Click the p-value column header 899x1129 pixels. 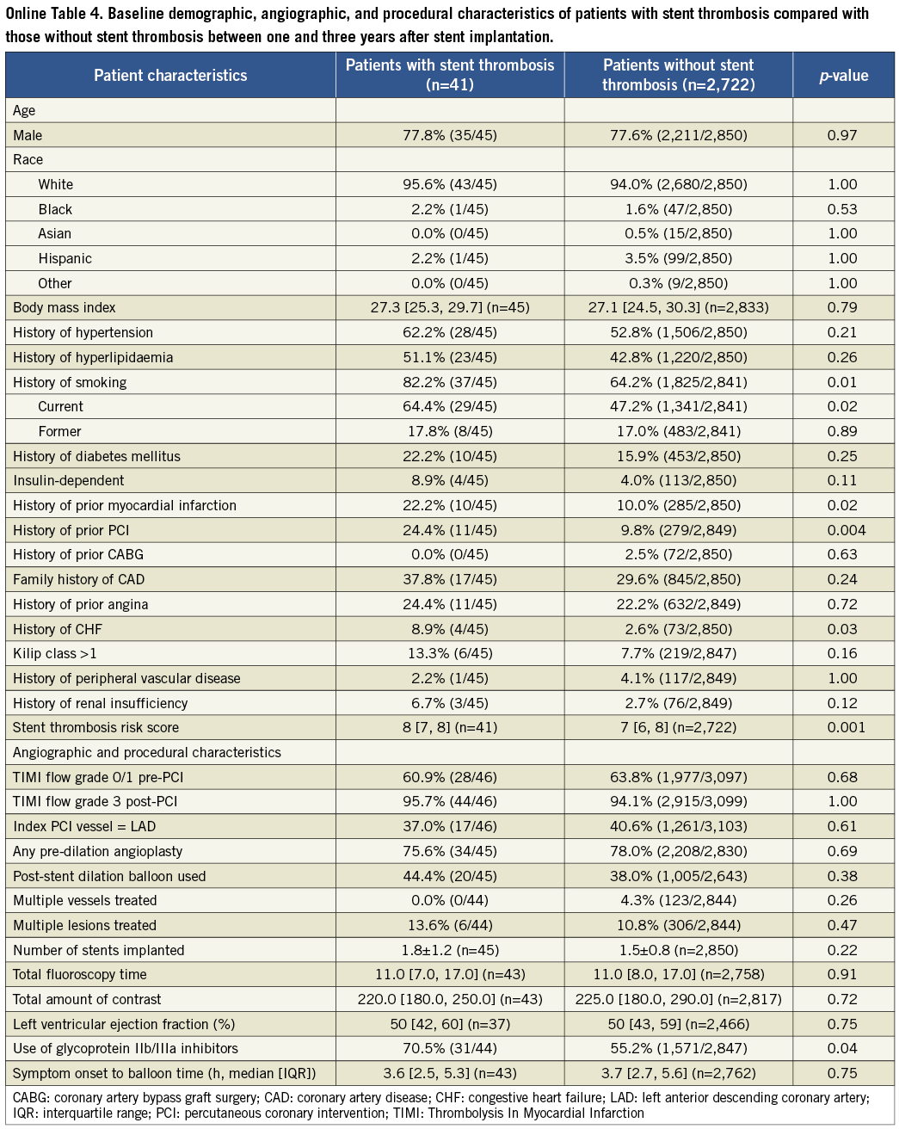(843, 76)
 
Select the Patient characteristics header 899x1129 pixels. (170, 76)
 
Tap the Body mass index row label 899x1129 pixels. (65, 307)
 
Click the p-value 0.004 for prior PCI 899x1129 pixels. (842, 530)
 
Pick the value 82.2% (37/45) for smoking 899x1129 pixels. (450, 382)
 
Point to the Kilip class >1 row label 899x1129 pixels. (55, 653)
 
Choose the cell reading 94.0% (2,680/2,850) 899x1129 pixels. (678, 184)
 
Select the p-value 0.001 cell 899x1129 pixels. (842, 727)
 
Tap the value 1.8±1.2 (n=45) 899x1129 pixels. (450, 950)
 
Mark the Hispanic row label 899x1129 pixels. (65, 258)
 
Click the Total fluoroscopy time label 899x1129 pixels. (80, 975)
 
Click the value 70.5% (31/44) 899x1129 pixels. (450, 1049)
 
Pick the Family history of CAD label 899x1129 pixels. (79, 579)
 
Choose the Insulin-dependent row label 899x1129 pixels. (69, 480)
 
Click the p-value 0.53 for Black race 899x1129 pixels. (842, 209)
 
